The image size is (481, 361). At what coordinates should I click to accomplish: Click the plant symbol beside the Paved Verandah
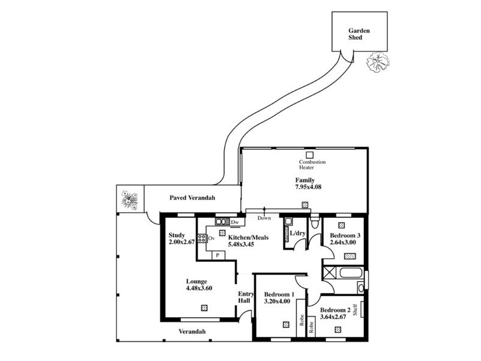point(129,199)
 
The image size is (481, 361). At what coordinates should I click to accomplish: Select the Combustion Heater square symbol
point(310,154)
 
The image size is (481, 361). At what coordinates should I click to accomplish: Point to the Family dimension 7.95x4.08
point(308,187)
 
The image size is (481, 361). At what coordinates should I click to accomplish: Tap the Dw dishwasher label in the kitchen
point(234,222)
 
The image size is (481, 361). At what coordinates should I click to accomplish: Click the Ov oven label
point(212,238)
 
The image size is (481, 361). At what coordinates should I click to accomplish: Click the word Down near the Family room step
point(264,218)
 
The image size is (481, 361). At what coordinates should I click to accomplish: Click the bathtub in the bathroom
point(351,273)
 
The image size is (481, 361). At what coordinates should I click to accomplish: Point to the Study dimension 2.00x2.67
point(181,242)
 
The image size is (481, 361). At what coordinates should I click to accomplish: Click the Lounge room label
point(196,281)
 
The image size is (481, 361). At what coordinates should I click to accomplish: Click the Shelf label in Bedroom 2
point(355,309)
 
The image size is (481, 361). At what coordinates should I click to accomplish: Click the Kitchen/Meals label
point(248,238)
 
